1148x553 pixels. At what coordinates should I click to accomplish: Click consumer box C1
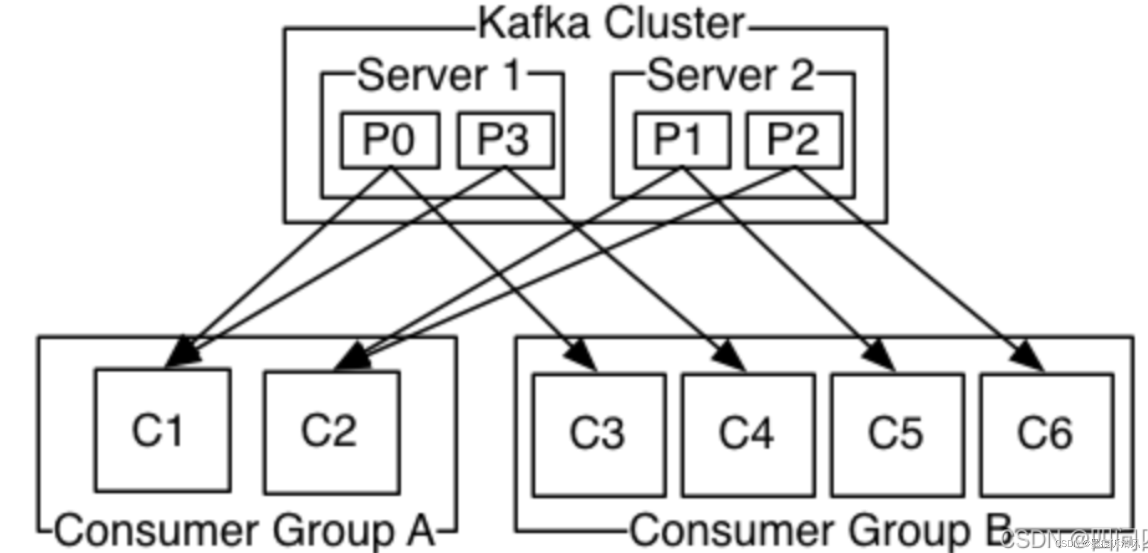163,430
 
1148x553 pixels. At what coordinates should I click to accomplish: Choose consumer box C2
332,432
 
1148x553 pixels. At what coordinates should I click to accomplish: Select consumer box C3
598,435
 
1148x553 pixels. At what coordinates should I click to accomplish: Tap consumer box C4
748,435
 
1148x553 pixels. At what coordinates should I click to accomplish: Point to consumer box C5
897,435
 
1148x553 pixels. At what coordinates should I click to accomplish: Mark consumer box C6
1047,435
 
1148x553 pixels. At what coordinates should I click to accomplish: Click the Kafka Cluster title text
611,23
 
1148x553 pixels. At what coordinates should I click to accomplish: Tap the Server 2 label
730,76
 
